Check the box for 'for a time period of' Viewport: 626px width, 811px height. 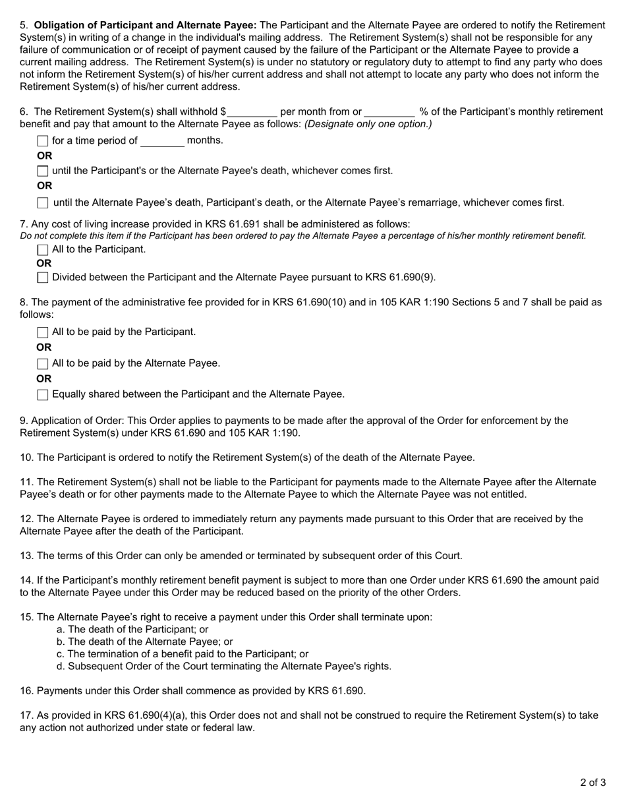43,140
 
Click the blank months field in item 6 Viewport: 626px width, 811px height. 162,140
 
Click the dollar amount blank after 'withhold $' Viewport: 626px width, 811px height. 252,112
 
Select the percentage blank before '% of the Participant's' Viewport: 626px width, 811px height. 389,112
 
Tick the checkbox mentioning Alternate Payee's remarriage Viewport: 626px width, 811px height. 43,203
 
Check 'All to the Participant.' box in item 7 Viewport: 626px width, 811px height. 43,250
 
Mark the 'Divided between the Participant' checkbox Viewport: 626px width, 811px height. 43,278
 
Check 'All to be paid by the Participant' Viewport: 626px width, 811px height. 43,332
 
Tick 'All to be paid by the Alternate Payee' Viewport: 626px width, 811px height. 43,364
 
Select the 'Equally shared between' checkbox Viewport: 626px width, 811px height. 43,395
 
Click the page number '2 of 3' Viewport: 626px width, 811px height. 593,783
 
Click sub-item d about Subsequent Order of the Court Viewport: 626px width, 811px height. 224,666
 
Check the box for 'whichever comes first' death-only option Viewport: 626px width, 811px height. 43,171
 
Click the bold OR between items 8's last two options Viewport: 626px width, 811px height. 44,379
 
